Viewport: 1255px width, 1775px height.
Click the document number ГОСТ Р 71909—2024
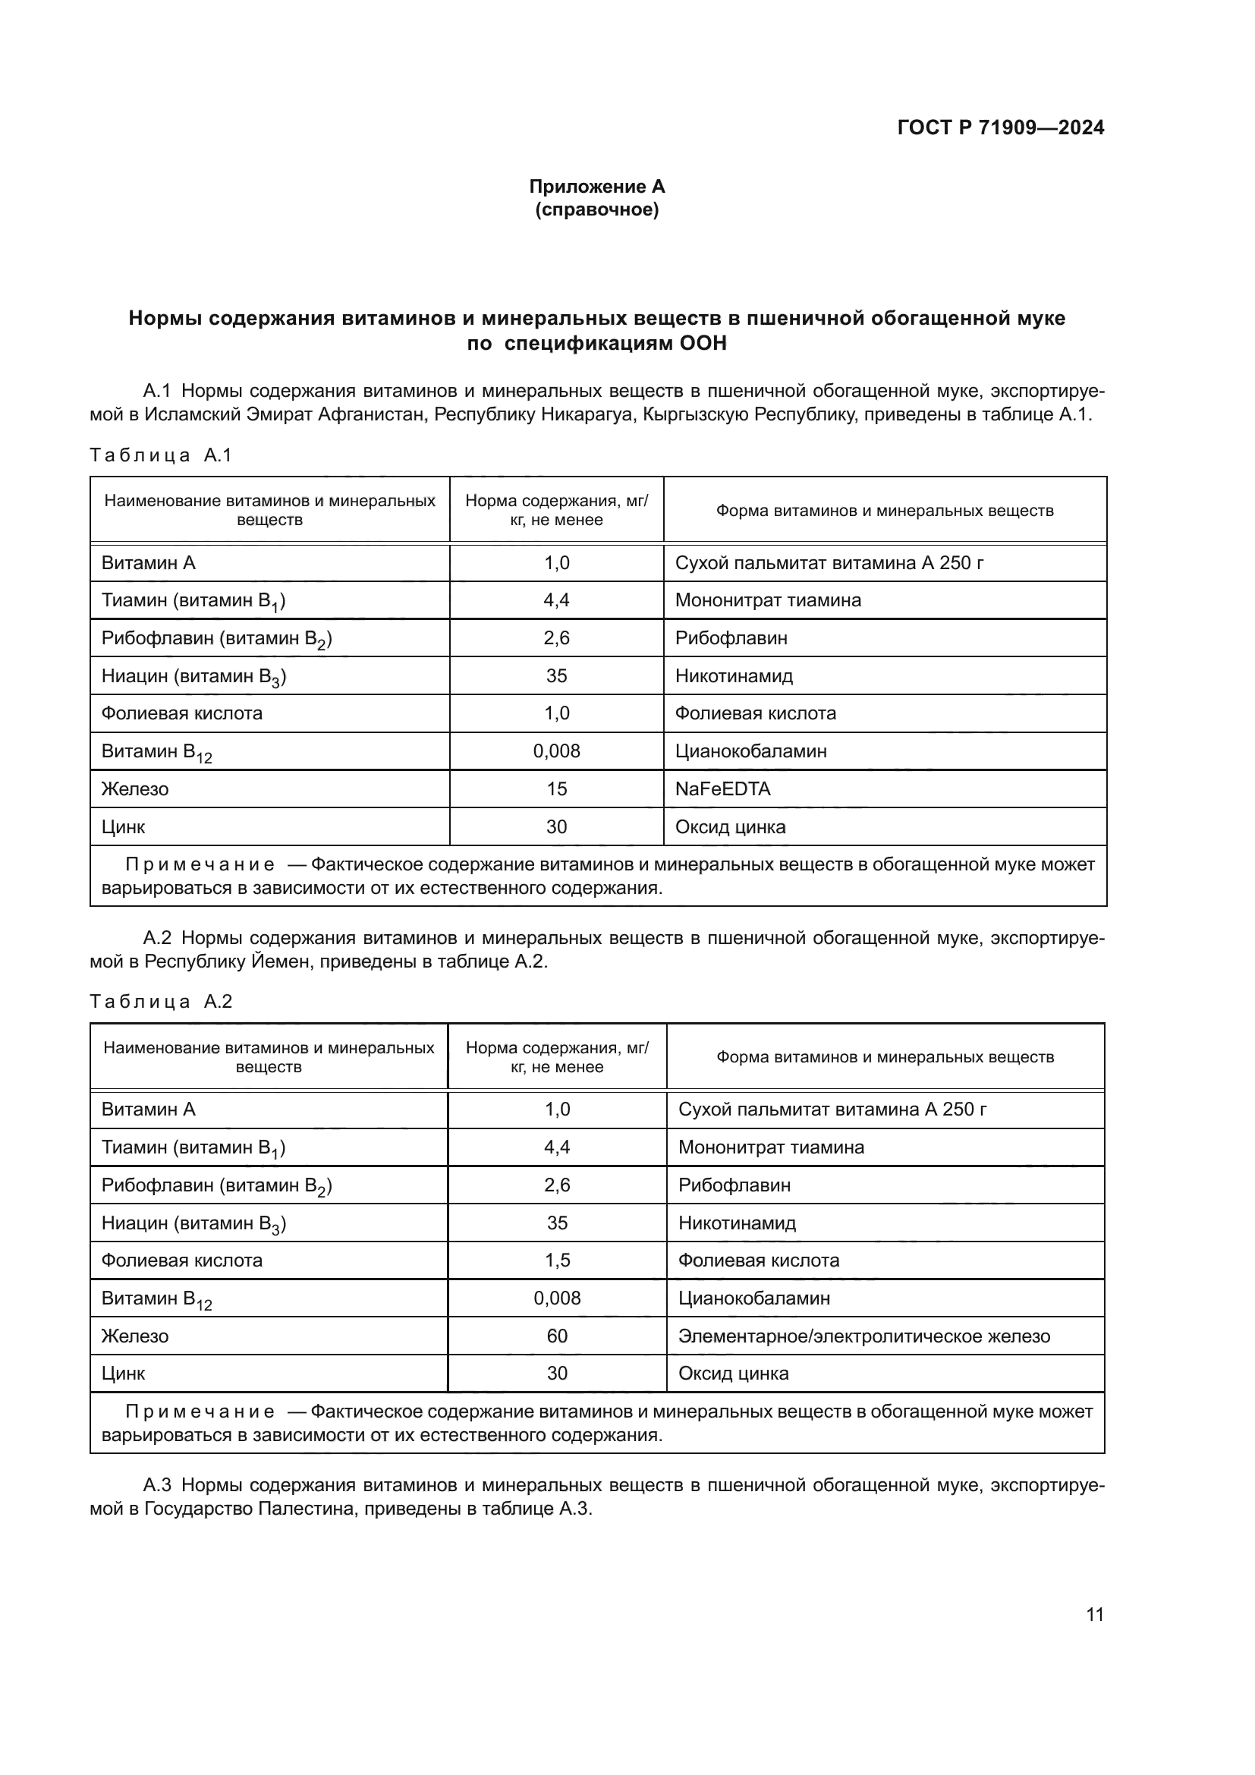click(x=1000, y=127)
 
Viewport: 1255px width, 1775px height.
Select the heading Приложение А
click(x=596, y=187)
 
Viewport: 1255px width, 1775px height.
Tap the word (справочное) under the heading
click(x=596, y=209)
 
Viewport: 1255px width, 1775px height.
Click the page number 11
click(x=1094, y=1614)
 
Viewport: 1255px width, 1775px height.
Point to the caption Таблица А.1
click(x=161, y=455)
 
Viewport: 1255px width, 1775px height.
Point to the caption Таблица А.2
click(x=161, y=1002)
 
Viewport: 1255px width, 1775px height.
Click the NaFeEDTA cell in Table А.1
click(x=722, y=788)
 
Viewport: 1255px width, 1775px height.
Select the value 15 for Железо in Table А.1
click(x=556, y=788)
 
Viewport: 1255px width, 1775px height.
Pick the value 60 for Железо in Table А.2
click(x=556, y=1336)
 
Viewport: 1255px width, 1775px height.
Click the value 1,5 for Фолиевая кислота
click(x=556, y=1260)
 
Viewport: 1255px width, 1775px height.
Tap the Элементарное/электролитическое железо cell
click(x=864, y=1336)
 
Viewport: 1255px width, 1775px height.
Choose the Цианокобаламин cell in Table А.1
click(x=750, y=751)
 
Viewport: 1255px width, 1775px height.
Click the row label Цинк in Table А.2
click(x=123, y=1374)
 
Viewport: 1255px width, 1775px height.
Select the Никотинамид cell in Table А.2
click(x=737, y=1223)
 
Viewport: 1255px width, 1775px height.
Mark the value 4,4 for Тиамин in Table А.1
click(x=556, y=600)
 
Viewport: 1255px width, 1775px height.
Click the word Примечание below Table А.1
click(x=200, y=864)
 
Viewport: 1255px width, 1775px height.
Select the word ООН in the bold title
click(x=703, y=342)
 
